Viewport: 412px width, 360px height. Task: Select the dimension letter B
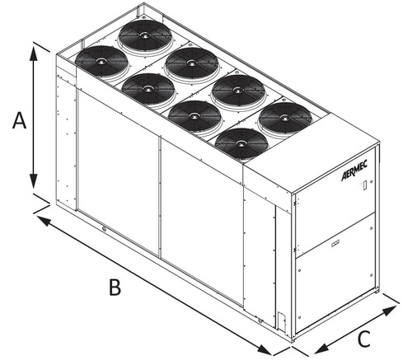click(116, 288)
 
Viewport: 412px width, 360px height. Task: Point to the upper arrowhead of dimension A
click(34, 50)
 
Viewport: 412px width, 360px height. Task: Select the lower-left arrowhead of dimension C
click(316, 349)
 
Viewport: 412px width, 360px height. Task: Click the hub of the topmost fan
click(146, 37)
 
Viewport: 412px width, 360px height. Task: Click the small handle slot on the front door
click(337, 243)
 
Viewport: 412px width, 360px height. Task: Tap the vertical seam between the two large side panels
click(160, 198)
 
